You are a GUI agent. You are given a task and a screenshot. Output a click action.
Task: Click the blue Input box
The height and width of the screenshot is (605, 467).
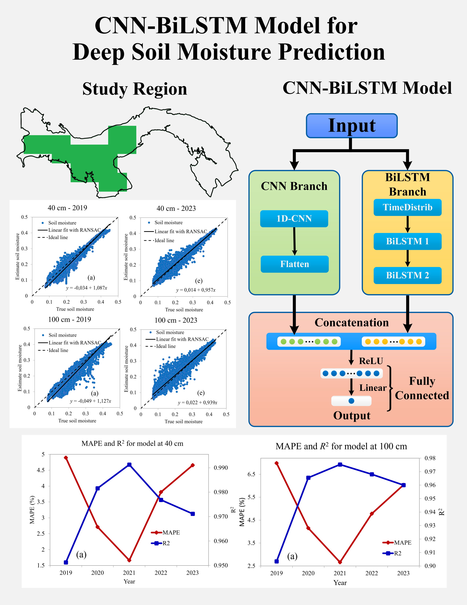tap(352, 126)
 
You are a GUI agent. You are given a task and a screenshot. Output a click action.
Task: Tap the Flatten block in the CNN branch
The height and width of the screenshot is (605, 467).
tap(295, 264)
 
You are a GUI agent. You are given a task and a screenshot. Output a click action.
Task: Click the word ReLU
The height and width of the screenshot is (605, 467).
tap(371, 361)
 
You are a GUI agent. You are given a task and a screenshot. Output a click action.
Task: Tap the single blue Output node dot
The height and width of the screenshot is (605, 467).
tap(351, 401)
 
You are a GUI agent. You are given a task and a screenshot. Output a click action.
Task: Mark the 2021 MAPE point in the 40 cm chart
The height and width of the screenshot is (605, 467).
tap(129, 560)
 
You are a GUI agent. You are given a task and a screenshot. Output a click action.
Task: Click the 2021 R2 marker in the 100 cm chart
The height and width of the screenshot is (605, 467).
tap(340, 465)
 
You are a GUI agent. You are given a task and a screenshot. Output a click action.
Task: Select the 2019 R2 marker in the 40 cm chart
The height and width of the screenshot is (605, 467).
tap(66, 562)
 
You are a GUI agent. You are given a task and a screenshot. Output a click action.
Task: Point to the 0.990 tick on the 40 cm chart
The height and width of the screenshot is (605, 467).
tap(221, 468)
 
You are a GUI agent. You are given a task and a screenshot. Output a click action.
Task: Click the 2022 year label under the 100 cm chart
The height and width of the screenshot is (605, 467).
tap(371, 573)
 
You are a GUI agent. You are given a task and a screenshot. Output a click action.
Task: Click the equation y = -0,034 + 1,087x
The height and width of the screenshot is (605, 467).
tap(87, 288)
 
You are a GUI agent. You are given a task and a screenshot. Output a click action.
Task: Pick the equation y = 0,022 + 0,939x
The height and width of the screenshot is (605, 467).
tap(197, 402)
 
